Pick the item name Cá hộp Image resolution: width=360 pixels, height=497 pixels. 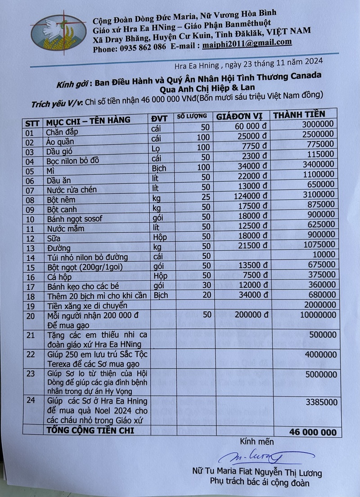tap(59, 278)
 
